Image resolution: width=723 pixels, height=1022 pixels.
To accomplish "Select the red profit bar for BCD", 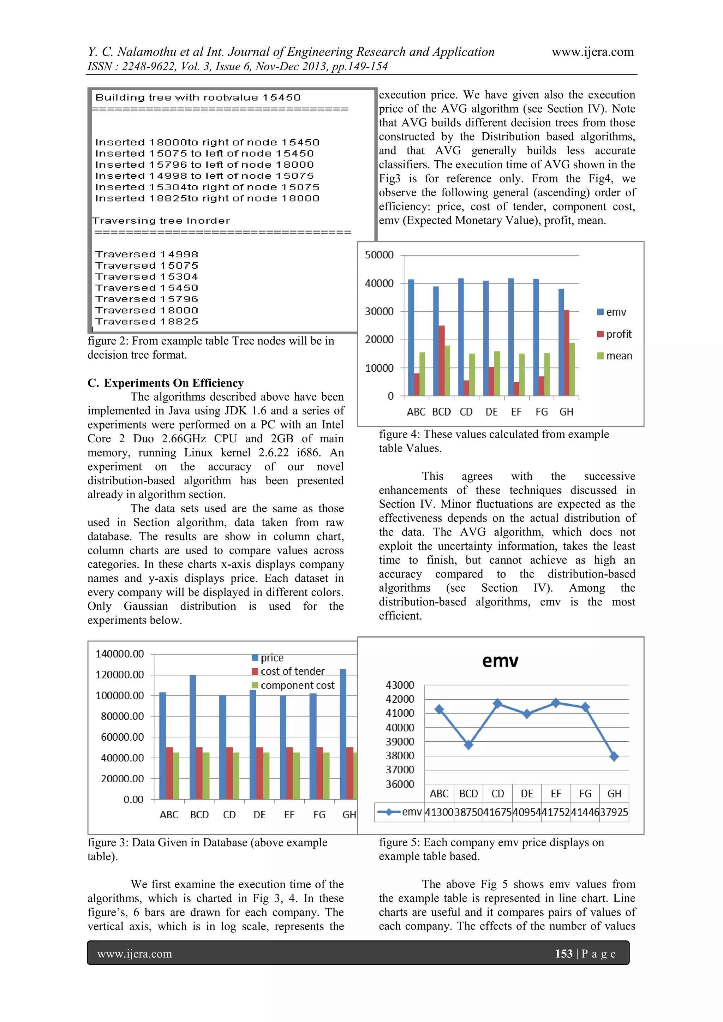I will click(x=441, y=360).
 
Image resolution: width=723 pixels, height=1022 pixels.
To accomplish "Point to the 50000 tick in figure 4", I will click(x=379, y=255).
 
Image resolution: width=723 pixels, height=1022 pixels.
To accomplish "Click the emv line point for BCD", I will click(x=468, y=745).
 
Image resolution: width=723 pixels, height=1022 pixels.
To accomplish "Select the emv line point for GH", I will click(x=614, y=756).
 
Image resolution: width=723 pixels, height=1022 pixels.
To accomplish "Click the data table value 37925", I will click(x=614, y=812).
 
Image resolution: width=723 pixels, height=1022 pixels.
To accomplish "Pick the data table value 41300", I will click(x=439, y=812).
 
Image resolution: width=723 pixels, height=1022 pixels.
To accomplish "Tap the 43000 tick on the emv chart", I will click(x=400, y=685).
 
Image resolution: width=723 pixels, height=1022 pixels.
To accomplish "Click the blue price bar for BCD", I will click(x=193, y=737).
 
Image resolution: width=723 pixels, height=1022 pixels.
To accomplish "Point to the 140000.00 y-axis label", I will click(x=120, y=654).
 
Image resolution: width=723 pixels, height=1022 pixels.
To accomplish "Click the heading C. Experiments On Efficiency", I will click(x=166, y=383).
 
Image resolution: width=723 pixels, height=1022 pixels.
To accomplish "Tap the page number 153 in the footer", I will click(x=563, y=954).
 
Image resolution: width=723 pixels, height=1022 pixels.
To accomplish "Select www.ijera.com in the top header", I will click(x=593, y=52).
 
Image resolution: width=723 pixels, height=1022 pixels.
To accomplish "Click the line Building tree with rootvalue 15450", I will click(x=198, y=97).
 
